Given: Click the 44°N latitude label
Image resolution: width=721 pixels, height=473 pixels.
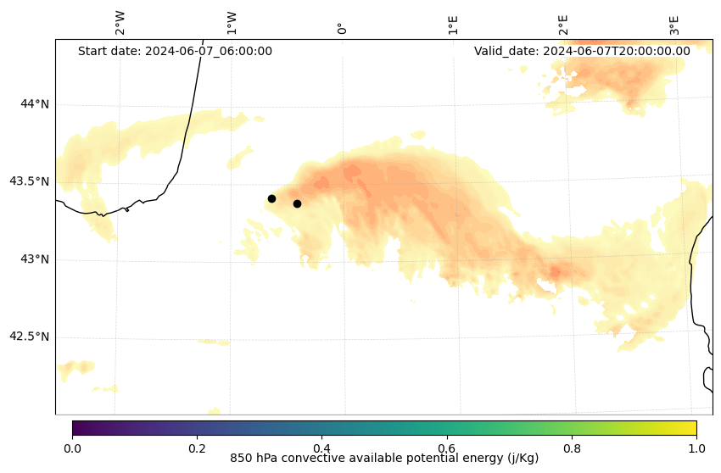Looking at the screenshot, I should pyautogui.click(x=35, y=104).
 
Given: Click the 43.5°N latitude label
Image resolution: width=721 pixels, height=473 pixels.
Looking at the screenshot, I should pyautogui.click(x=30, y=181).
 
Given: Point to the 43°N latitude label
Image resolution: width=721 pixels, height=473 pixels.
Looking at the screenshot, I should pyautogui.click(x=35, y=259).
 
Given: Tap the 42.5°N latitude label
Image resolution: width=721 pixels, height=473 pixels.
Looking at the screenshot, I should pyautogui.click(x=30, y=337).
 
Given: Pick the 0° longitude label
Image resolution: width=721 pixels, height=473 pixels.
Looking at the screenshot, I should pyautogui.click(x=342, y=28).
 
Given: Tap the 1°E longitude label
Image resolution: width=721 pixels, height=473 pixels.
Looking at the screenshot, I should pyautogui.click(x=453, y=25).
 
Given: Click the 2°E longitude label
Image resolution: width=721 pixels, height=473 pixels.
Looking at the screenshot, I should pyautogui.click(x=563, y=25).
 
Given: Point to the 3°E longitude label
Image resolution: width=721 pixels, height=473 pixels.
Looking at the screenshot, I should pyautogui.click(x=674, y=25).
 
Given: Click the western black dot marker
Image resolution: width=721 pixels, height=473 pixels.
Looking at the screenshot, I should pyautogui.click(x=271, y=198).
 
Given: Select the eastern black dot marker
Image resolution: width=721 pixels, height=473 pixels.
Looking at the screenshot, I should pyautogui.click(x=297, y=203).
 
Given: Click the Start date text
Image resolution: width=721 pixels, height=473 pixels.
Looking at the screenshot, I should pyautogui.click(x=175, y=51).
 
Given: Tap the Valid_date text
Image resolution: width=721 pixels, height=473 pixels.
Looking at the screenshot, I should pyautogui.click(x=582, y=51).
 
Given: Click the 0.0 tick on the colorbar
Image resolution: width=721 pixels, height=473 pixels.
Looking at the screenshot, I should pyautogui.click(x=72, y=447).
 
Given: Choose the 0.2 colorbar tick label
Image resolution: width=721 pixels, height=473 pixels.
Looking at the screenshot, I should pyautogui.click(x=197, y=447).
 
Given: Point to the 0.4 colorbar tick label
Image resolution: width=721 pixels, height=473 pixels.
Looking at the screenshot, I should pyautogui.click(x=321, y=447).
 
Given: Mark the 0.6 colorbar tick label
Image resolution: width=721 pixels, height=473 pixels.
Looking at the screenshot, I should pyautogui.click(x=446, y=447).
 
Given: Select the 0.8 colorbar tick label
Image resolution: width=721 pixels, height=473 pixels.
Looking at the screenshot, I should pyautogui.click(x=571, y=447).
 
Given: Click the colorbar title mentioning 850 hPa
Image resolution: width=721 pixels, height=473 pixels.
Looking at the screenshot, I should pyautogui.click(x=384, y=459).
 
